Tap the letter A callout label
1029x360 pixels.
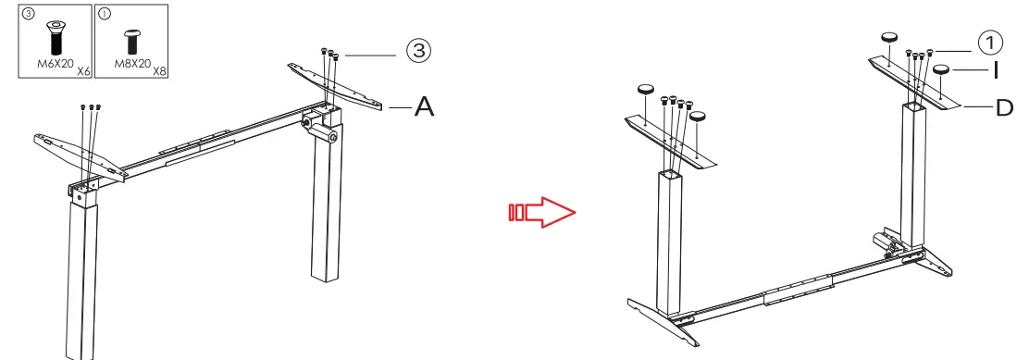click(x=424, y=107)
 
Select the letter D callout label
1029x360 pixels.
click(x=1004, y=108)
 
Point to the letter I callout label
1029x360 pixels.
click(x=996, y=70)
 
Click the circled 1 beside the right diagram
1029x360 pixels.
click(x=990, y=42)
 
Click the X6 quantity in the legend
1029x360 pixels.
click(x=82, y=70)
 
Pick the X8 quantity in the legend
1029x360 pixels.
click(x=160, y=70)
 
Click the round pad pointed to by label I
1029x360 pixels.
click(x=943, y=69)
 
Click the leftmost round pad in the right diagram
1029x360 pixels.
click(x=646, y=90)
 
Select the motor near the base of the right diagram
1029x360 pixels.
click(x=891, y=243)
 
